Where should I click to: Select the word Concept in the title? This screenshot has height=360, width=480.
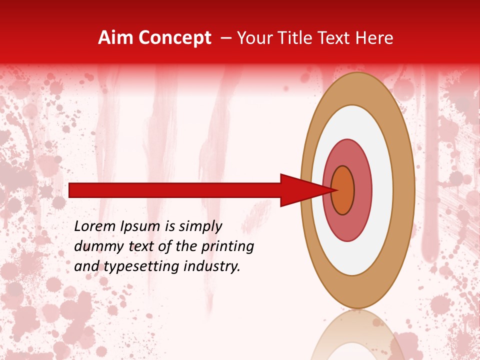174,38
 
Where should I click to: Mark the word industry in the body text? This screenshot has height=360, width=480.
212,266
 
